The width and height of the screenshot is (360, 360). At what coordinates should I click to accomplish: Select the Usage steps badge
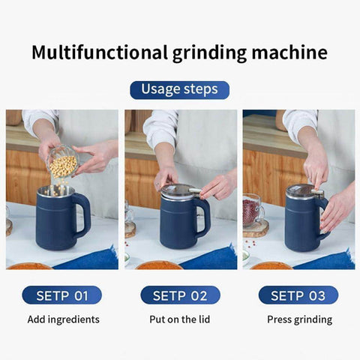[x=179, y=89]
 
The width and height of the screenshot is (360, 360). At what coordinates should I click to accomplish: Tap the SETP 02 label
[x=180, y=295]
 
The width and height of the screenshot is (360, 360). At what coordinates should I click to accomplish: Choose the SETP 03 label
[x=298, y=295]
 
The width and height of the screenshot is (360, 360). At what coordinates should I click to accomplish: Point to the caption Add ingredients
[x=63, y=319]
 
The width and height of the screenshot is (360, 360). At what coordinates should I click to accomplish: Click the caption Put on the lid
[x=180, y=319]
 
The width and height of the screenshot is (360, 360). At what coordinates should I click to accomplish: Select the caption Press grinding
[x=299, y=319]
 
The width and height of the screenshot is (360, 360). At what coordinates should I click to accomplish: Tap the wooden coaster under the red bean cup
[x=255, y=228]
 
